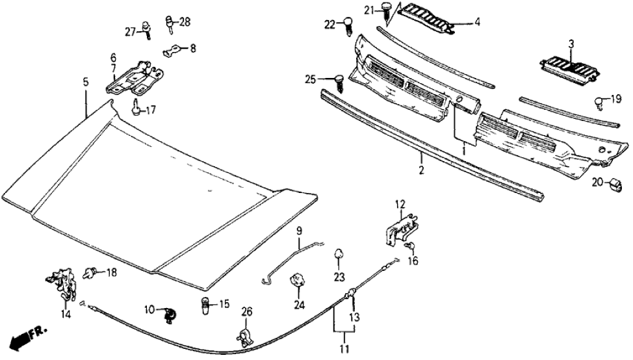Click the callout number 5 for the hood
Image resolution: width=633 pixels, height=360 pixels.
click(x=85, y=82)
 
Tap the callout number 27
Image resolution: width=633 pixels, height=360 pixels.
click(x=129, y=31)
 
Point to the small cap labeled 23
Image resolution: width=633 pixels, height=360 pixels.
click(x=339, y=253)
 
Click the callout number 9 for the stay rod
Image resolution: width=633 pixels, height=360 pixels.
click(x=299, y=231)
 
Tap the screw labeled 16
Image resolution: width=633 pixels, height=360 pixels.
click(x=410, y=245)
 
